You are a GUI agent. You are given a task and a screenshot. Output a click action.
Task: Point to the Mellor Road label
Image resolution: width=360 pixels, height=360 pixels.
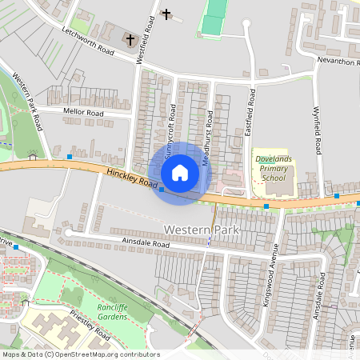pos(84,114)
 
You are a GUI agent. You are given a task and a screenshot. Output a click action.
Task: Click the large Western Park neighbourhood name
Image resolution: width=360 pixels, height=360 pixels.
pos(202,230)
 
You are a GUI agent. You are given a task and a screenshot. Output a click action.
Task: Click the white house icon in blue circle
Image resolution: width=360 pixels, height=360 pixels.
pos(179,173)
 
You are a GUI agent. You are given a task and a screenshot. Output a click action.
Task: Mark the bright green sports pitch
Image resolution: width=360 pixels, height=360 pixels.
pos(213,19)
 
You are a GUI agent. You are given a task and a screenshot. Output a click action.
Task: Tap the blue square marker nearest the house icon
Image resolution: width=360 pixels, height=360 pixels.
pos(162,190)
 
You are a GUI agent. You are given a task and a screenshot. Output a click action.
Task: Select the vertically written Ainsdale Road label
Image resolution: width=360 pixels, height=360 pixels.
pos(319,296)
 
